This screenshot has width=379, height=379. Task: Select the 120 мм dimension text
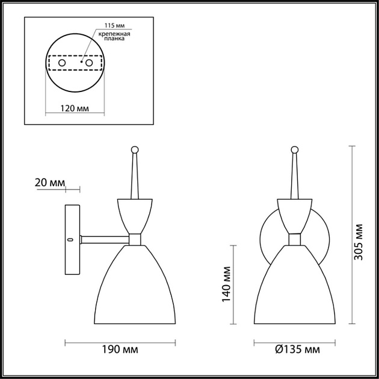76,108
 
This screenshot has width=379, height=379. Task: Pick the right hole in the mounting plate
89,62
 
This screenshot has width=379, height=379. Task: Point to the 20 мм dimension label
51,182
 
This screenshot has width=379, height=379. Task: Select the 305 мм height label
359,241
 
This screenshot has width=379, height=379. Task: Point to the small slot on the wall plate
70,239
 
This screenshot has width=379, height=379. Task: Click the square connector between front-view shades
295,239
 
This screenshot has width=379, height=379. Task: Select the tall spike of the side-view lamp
134,174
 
